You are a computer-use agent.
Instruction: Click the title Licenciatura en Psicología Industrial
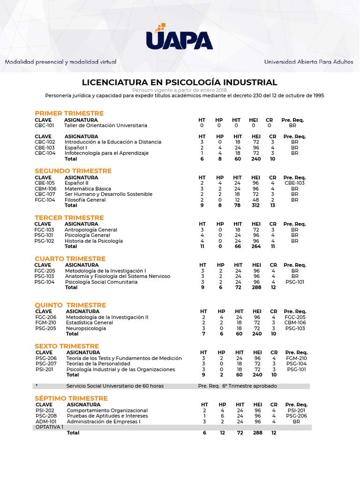(x=180, y=82)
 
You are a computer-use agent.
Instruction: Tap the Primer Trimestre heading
(x=69, y=113)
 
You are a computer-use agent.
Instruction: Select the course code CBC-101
(x=45, y=126)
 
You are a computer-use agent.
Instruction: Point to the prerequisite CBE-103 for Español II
(x=294, y=183)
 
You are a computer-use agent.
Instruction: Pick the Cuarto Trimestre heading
(x=70, y=259)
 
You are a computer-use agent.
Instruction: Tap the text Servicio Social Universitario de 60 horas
(x=115, y=386)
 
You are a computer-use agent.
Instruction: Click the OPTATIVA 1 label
(x=49, y=427)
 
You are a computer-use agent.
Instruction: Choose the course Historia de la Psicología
(x=94, y=241)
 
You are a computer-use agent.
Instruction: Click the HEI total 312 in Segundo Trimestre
(x=256, y=205)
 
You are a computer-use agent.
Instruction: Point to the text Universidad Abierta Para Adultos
(x=309, y=62)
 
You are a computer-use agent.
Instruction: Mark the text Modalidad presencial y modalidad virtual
(x=60, y=62)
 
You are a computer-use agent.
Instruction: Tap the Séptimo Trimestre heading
(x=71, y=398)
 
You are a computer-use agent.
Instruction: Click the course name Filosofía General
(x=85, y=200)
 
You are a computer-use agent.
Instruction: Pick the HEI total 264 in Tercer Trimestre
(x=256, y=247)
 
